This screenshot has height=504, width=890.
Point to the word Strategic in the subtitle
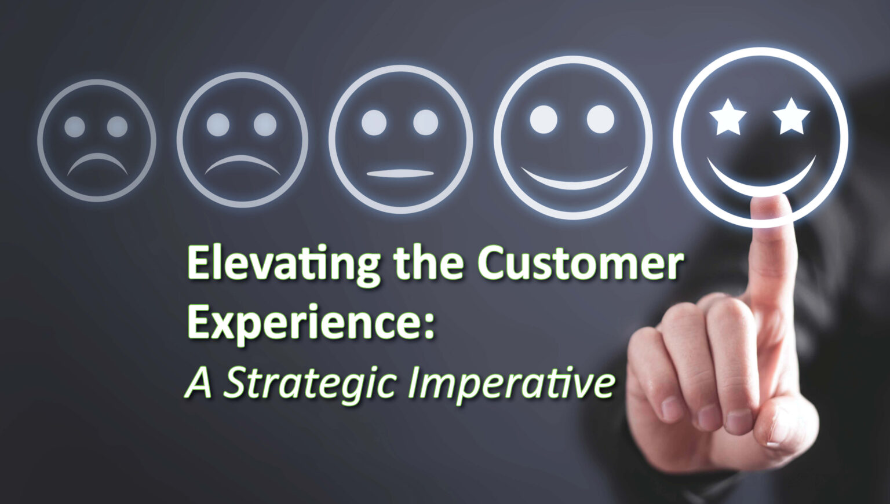311,384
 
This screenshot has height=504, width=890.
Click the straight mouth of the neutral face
400,173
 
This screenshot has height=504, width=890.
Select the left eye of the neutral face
374,122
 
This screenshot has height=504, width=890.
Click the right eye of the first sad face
118,126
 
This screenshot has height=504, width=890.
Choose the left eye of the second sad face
218,124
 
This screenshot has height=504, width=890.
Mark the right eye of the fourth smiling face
600,118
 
